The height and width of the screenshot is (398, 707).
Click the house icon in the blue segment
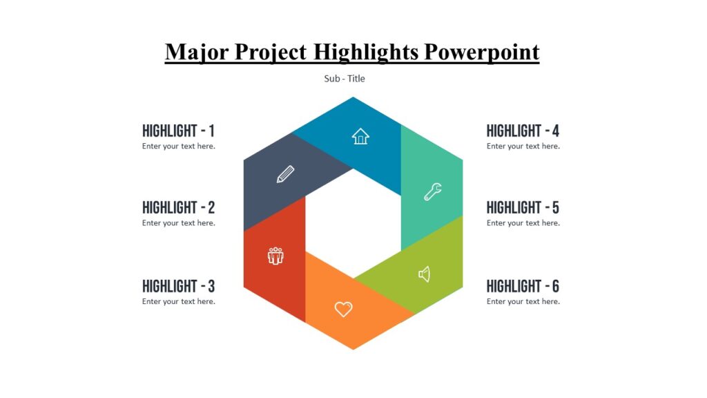(360, 136)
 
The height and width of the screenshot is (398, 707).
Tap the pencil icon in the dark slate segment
(285, 174)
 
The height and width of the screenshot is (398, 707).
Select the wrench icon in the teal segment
(433, 192)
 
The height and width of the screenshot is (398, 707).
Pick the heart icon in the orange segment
(343, 309)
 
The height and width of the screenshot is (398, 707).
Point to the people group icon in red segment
(275, 256)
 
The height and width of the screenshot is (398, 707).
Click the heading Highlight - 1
(178, 131)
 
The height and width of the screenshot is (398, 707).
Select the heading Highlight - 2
(178, 207)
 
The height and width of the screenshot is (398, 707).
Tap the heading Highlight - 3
(178, 286)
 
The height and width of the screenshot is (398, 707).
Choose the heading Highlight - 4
(523, 131)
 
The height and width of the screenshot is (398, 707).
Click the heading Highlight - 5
(523, 207)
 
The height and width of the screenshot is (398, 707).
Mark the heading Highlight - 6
(523, 286)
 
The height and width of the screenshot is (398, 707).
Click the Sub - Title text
(345, 79)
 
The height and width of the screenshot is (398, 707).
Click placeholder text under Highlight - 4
(523, 146)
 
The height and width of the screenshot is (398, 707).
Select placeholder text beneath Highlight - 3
(178, 302)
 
